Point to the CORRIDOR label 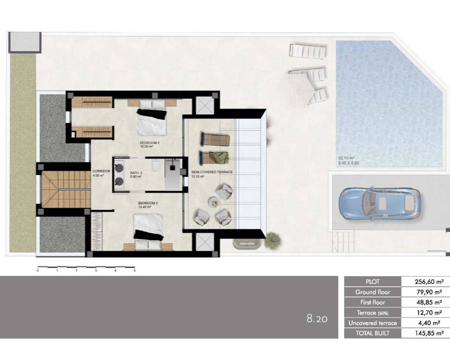point(101,171)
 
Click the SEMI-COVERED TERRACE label point(212,172)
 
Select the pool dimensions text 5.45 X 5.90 point(349,163)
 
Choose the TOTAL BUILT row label point(373,333)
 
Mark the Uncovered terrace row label point(373,323)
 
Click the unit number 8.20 point(317,319)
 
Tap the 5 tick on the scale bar point(135,270)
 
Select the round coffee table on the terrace point(213,201)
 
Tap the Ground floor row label point(373,292)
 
